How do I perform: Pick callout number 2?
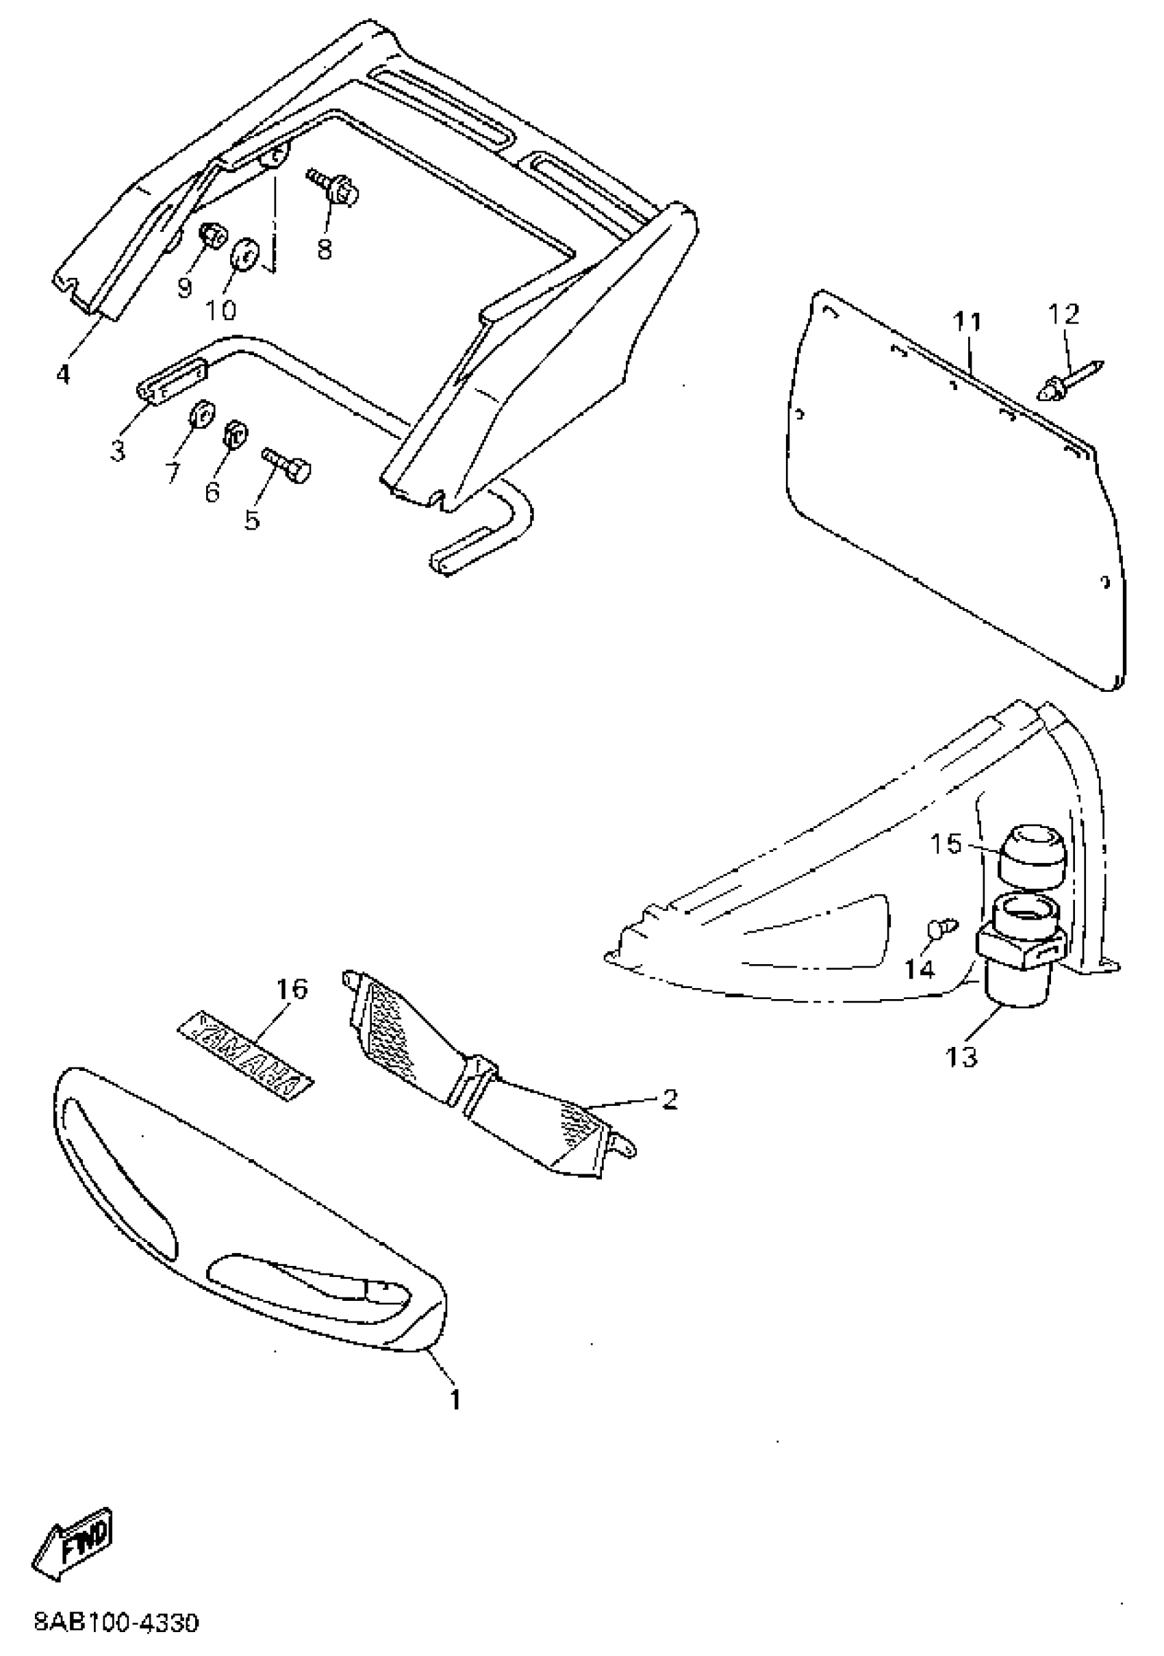[669, 1099]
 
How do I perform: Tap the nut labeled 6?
[235, 432]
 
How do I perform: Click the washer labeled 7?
[199, 415]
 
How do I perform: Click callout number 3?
[118, 452]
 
